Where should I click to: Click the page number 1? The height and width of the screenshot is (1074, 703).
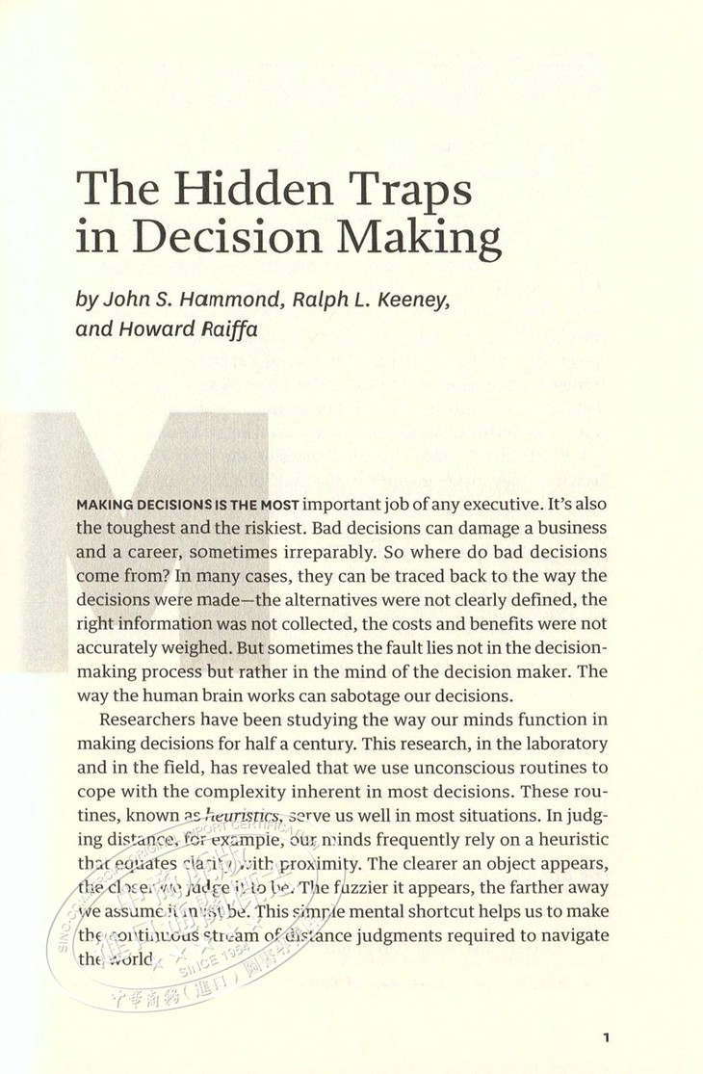pyautogui.click(x=605, y=1036)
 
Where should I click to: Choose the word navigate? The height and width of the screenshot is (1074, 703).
pyautogui.click(x=573, y=910)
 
